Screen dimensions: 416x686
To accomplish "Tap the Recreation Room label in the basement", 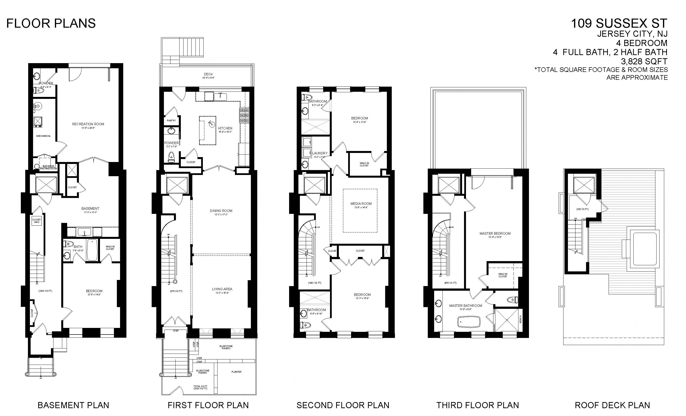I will pyautogui.click(x=88, y=124).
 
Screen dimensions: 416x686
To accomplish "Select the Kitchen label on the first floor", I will pyautogui.click(x=225, y=128).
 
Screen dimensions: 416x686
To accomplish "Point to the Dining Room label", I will pyautogui.click(x=221, y=211).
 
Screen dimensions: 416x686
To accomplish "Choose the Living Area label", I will pyautogui.click(x=222, y=289).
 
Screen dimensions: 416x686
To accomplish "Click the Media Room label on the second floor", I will pyautogui.click(x=361, y=204).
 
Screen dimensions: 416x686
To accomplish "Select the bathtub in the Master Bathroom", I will pyautogui.click(x=469, y=322).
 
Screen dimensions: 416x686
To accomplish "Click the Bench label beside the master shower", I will pyautogui.click(x=520, y=319).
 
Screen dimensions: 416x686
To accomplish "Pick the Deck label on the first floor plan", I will pyautogui.click(x=208, y=74).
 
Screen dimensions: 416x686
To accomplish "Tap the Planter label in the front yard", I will pyautogui.click(x=236, y=372).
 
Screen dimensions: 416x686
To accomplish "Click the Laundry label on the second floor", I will pyautogui.click(x=320, y=153).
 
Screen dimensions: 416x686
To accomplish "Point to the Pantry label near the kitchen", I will pyautogui.click(x=171, y=120).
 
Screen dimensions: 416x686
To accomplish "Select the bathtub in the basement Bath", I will pyautogui.click(x=92, y=250).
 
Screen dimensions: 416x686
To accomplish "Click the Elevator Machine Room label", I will pyautogui.click(x=48, y=167).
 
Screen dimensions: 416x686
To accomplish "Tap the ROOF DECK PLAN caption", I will pyautogui.click(x=612, y=405).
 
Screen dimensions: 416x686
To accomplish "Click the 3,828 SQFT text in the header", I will pyautogui.click(x=644, y=61).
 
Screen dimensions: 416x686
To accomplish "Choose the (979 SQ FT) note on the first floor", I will pyautogui.click(x=176, y=291).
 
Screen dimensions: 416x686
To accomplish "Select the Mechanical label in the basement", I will pyautogui.click(x=43, y=136).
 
